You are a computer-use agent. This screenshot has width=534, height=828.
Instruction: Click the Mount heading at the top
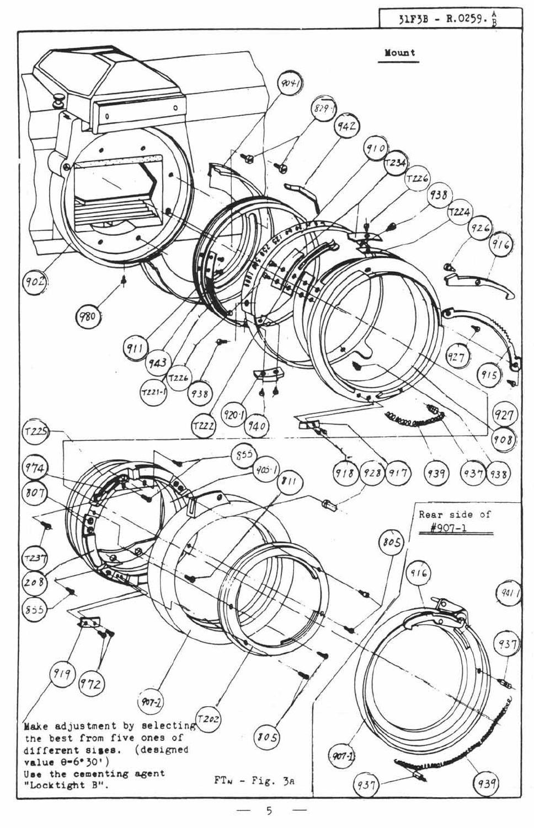click(x=400, y=53)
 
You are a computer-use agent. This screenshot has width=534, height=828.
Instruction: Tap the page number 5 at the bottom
click(x=269, y=810)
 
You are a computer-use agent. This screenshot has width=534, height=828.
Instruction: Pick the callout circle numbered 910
click(x=376, y=148)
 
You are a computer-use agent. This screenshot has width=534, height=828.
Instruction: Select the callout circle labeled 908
click(x=503, y=439)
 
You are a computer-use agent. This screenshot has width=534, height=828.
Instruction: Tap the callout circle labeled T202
click(x=209, y=719)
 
